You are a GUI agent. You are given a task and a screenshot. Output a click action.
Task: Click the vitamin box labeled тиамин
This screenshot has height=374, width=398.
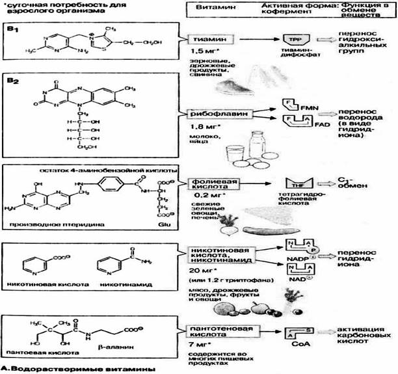coord(207,40)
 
